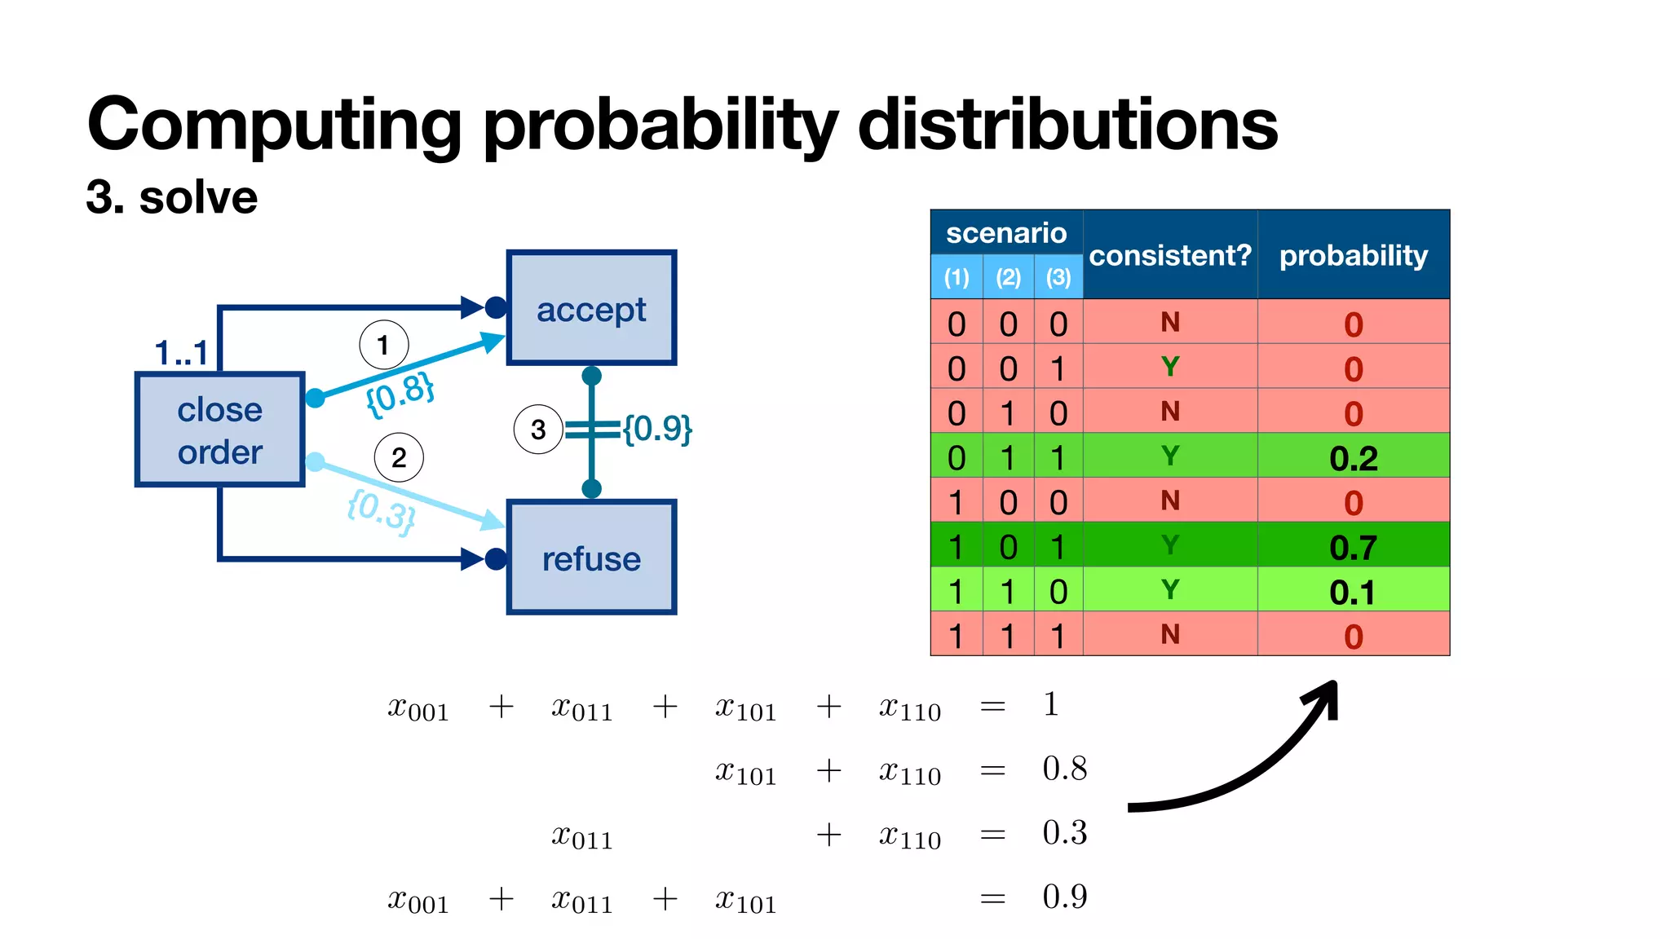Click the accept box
(591, 308)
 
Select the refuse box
(591, 558)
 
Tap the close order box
(219, 430)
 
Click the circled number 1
(383, 345)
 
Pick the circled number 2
(399, 457)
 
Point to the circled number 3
(538, 430)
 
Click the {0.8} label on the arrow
(400, 394)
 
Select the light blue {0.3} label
(381, 511)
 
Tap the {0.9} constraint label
(657, 428)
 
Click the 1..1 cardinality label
(181, 353)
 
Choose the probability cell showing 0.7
(1353, 547)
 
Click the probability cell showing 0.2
(1353, 458)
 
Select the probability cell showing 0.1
(1353, 592)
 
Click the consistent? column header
(1169, 256)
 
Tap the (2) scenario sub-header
(1008, 278)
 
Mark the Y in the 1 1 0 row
(1169, 589)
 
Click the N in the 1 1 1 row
(1169, 634)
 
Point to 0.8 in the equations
(1064, 769)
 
